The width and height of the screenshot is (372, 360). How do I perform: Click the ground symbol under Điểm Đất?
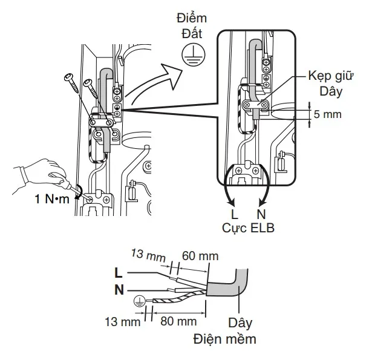tap(191, 55)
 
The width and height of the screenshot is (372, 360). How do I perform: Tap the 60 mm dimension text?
tap(200, 256)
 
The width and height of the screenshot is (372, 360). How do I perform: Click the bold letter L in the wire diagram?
tap(119, 272)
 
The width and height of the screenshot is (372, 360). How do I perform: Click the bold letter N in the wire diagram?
tap(119, 289)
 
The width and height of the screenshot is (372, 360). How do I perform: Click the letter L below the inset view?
tap(234, 214)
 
